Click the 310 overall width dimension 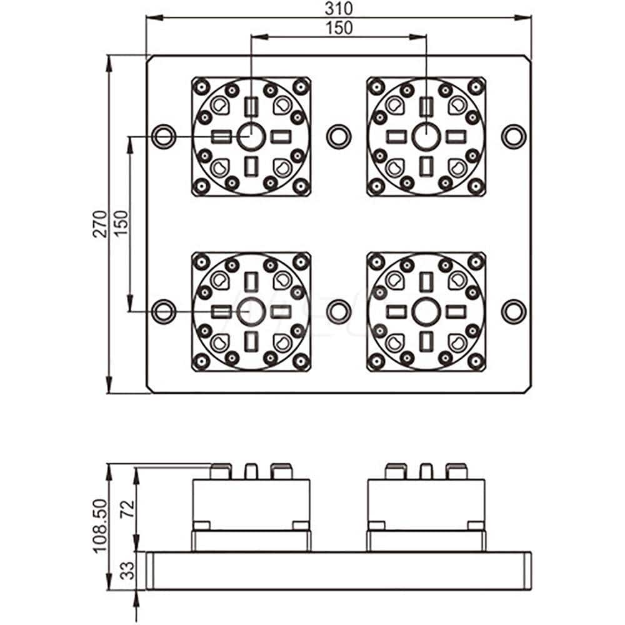(339, 8)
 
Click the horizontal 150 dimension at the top (339, 27)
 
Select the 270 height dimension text (100, 224)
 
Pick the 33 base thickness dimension (127, 571)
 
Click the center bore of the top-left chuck (251, 136)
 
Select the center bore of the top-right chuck (426, 136)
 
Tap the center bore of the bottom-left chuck (251, 311)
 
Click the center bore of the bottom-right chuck (426, 311)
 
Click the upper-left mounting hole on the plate (164, 136)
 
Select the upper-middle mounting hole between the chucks (339, 136)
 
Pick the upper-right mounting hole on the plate (514, 136)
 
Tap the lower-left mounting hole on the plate (164, 311)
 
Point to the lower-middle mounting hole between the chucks (339, 311)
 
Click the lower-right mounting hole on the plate (514, 311)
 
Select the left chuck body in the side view (251, 503)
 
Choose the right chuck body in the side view (426, 503)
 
